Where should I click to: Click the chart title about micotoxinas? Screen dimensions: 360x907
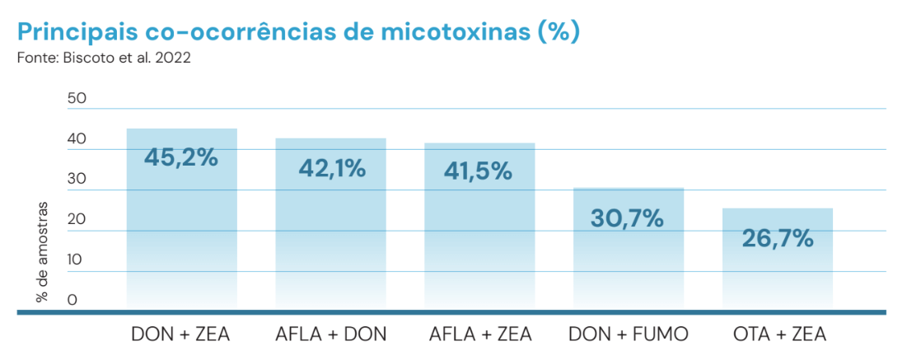[x=298, y=32]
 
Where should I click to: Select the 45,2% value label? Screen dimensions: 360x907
[x=181, y=157]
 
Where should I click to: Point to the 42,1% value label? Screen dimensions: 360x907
[x=330, y=168]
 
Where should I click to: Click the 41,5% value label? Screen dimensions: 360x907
[x=479, y=171]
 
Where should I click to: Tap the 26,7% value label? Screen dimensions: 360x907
[x=778, y=239]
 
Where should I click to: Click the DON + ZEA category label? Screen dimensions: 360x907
[x=181, y=334]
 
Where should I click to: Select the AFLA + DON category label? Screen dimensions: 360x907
[x=330, y=334]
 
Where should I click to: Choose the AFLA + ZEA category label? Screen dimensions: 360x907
[x=480, y=334]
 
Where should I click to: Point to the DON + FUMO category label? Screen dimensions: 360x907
[x=629, y=334]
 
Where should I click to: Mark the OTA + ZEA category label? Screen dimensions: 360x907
[x=779, y=334]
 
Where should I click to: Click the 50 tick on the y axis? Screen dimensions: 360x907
[x=77, y=98]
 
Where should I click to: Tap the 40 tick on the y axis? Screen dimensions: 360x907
[x=77, y=138]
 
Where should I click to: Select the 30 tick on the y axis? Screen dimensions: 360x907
[x=77, y=179]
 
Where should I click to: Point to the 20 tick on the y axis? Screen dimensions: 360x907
[x=77, y=219]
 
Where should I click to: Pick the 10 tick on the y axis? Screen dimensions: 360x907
[x=77, y=259]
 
